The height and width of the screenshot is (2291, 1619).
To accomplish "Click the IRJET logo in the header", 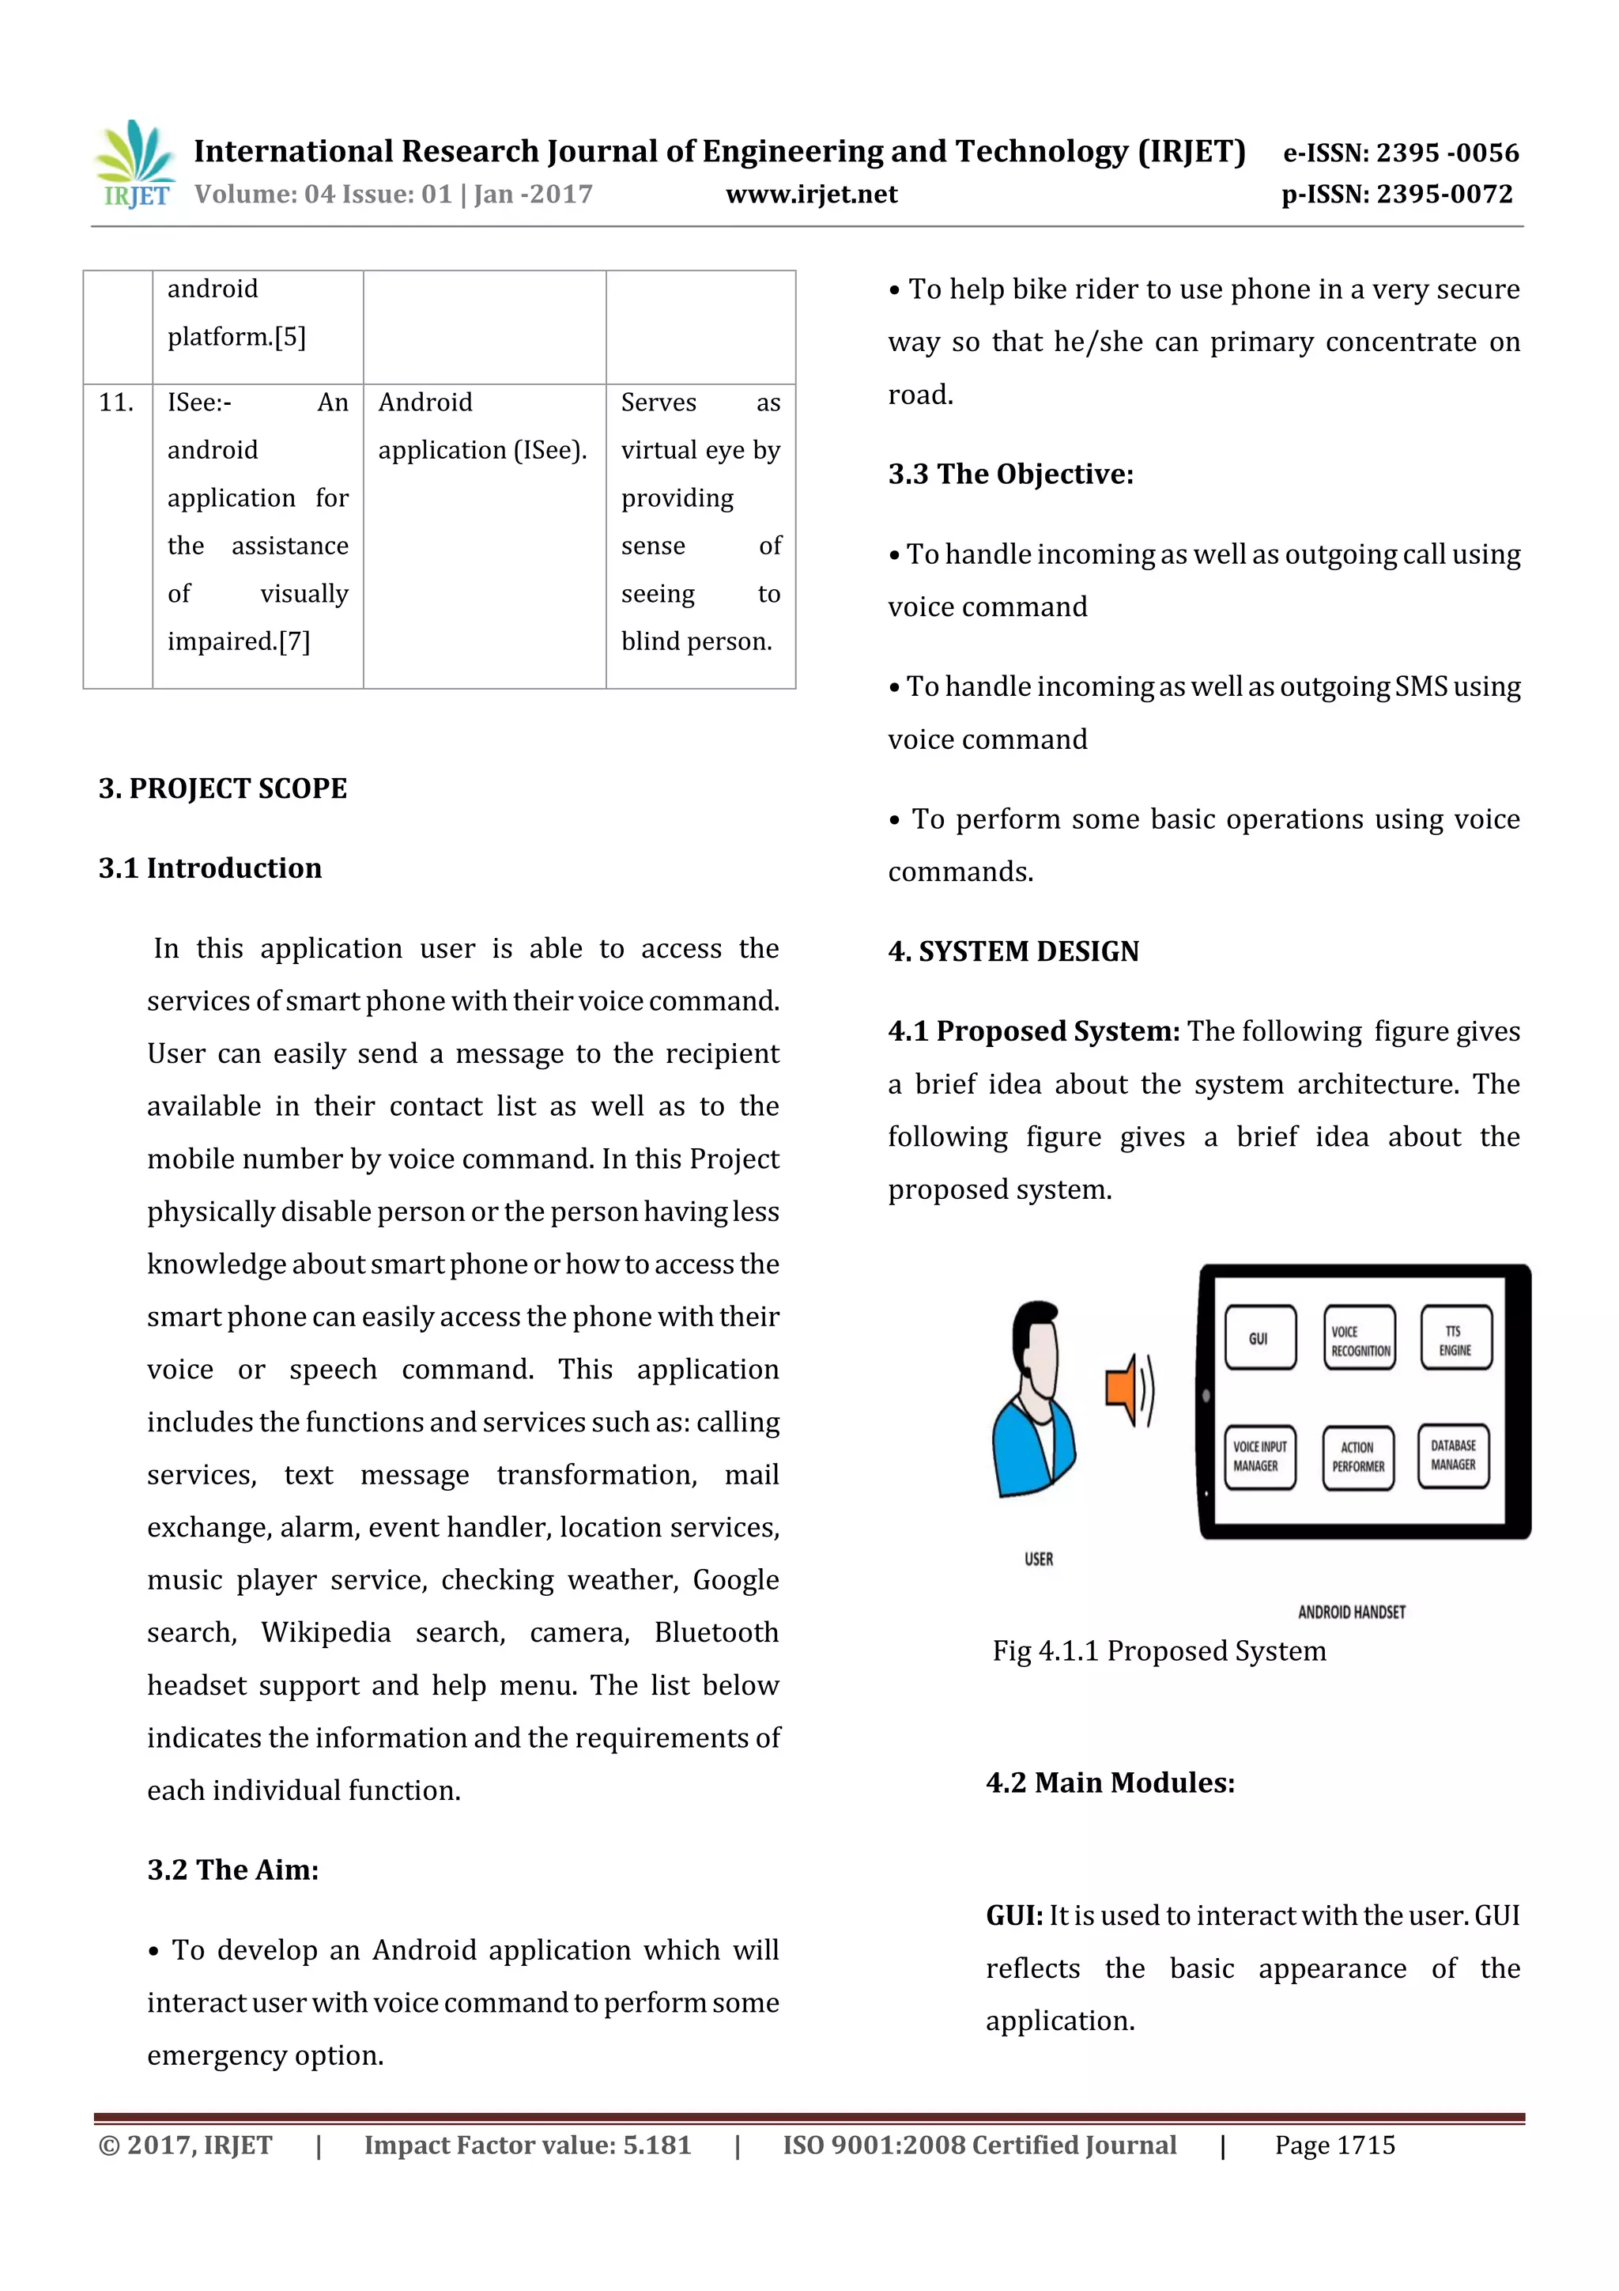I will tap(134, 164).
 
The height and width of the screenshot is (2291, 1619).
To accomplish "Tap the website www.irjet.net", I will tap(811, 195).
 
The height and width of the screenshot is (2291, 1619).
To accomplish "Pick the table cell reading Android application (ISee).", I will tap(483, 427).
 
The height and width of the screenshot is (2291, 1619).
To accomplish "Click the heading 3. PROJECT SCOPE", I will tap(222, 788).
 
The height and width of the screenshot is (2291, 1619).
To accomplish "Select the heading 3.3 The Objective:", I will tap(1010, 474).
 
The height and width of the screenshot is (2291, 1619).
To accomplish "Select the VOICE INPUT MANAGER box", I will tap(1259, 1456).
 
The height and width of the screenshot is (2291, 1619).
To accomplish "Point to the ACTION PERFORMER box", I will tap(1357, 1457).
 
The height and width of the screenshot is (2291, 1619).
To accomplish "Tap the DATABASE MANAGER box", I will tap(1452, 1455).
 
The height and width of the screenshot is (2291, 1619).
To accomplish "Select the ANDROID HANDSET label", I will tap(1351, 1612).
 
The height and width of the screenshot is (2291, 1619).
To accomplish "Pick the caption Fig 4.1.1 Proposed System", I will tap(1158, 1651).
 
